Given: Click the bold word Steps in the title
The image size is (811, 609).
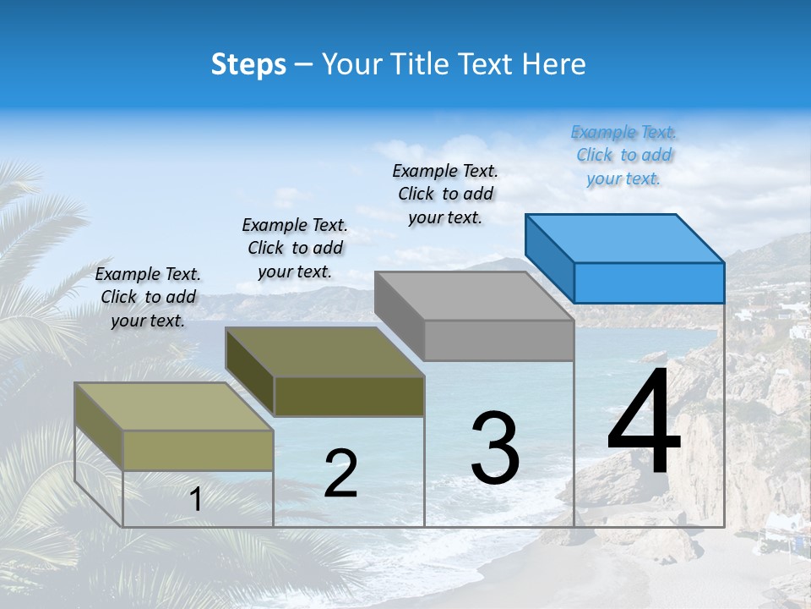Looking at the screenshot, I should [x=248, y=64].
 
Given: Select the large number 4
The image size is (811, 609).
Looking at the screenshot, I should [x=644, y=423].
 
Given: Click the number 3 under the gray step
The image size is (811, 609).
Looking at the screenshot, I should [x=495, y=448].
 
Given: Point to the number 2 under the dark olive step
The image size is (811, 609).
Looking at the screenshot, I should [x=341, y=474].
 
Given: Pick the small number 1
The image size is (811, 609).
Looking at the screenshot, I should [x=196, y=499].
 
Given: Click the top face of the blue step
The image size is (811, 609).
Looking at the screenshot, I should [x=623, y=238].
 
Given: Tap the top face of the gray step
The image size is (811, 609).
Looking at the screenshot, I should [x=473, y=295].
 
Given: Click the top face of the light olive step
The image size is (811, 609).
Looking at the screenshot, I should [x=173, y=406].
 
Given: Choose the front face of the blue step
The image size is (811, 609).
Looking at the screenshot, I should [x=649, y=283].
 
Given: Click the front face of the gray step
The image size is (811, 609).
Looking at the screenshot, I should [x=498, y=340].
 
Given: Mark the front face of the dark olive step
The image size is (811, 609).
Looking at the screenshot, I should [x=349, y=396].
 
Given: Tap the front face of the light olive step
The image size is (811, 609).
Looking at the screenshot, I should [x=199, y=450].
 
